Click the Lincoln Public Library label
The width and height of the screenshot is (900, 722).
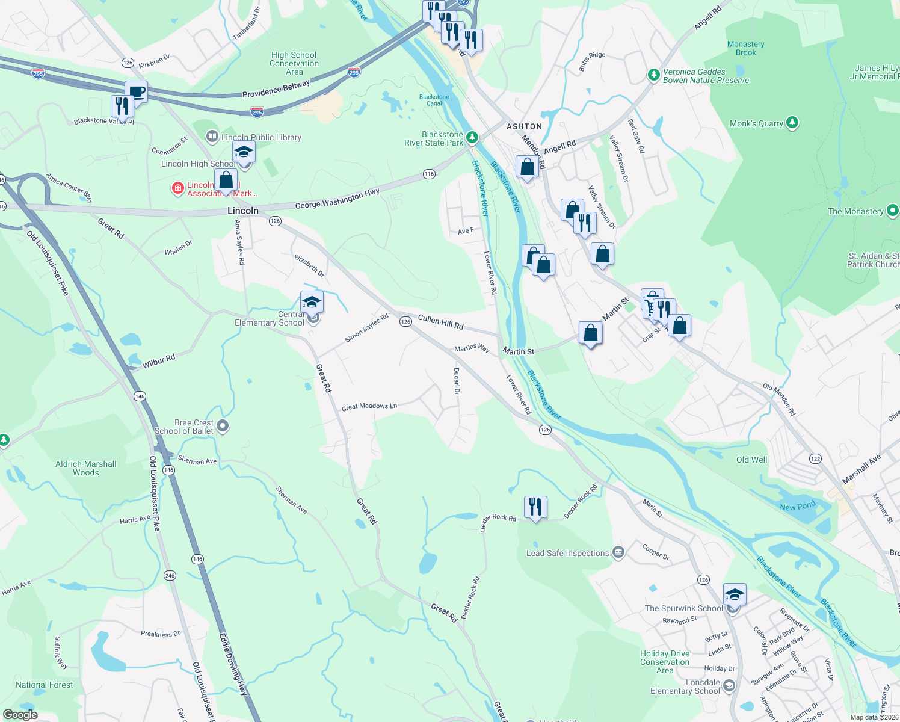(x=260, y=137)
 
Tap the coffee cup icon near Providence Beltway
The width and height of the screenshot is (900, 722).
(x=137, y=93)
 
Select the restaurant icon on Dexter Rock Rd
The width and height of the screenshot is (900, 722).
(x=535, y=507)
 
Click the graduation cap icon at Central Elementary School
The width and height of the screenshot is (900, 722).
(x=312, y=301)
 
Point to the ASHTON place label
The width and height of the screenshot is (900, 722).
(x=524, y=126)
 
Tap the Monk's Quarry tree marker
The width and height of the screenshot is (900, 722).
(x=793, y=123)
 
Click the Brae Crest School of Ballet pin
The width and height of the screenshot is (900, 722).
(x=223, y=427)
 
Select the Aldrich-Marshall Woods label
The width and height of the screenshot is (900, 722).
(x=86, y=468)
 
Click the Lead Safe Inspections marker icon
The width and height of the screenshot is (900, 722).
(x=618, y=552)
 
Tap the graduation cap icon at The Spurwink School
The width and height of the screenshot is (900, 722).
(x=735, y=594)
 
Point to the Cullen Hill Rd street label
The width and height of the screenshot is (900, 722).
(x=440, y=322)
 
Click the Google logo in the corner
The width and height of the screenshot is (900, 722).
(x=20, y=715)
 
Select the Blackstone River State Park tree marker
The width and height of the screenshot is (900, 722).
(x=472, y=138)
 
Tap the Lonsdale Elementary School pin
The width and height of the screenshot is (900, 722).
(x=729, y=686)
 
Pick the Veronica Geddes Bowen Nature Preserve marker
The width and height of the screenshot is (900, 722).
(x=654, y=75)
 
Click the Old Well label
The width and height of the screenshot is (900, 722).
(x=751, y=460)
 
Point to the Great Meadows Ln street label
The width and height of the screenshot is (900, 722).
(x=369, y=407)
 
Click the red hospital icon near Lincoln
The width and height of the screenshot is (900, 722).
(x=177, y=188)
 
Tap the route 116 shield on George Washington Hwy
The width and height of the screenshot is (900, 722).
(x=428, y=174)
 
